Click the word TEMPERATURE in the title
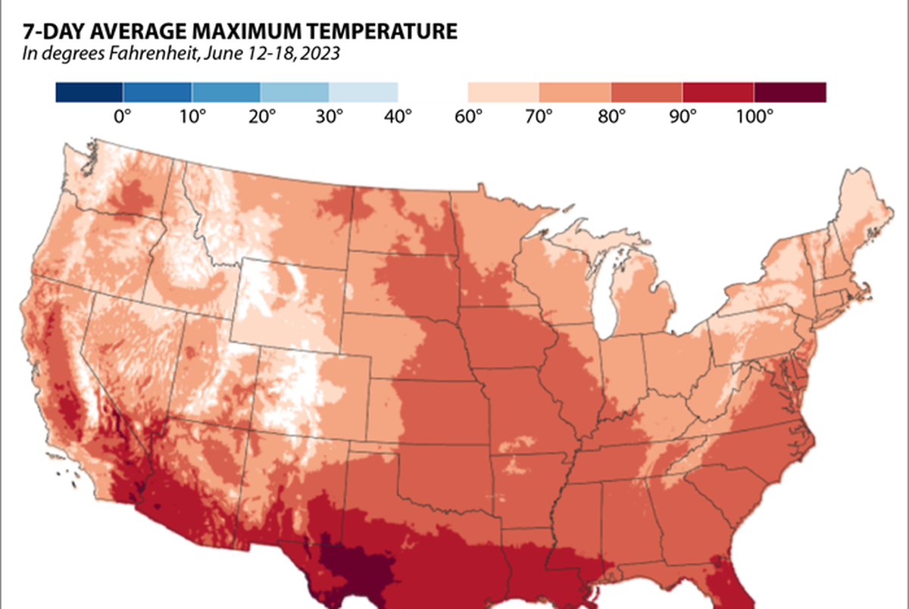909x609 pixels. (377, 32)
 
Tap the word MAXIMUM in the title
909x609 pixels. (247, 32)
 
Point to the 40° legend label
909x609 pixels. (398, 117)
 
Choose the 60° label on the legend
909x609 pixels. (467, 117)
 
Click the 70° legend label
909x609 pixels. (539, 117)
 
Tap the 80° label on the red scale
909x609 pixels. (611, 117)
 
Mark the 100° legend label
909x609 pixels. (754, 117)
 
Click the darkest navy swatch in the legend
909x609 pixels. (89, 92)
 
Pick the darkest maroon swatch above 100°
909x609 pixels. (790, 92)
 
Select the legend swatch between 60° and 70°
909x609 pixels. (503, 92)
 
